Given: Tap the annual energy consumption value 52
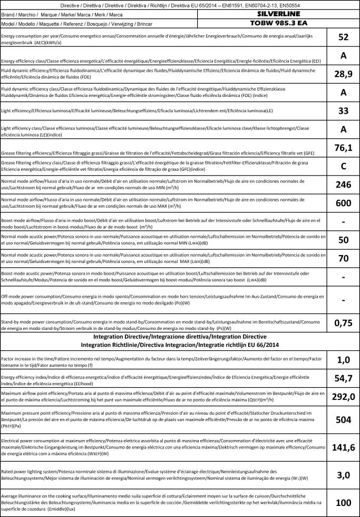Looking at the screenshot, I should [343, 37].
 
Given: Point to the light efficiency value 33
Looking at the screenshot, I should [343, 111].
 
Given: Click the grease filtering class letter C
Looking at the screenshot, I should [343, 167].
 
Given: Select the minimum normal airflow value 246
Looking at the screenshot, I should [343, 185].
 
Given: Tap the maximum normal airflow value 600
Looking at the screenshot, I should [343, 203].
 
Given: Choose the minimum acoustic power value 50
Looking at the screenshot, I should [343, 240].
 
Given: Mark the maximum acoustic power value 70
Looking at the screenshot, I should [343, 259].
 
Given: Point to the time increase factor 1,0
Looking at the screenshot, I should [343, 360].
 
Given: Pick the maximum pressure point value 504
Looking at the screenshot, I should [343, 420].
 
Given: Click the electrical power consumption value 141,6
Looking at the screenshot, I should [343, 448].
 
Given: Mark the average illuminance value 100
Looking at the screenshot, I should [343, 503].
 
